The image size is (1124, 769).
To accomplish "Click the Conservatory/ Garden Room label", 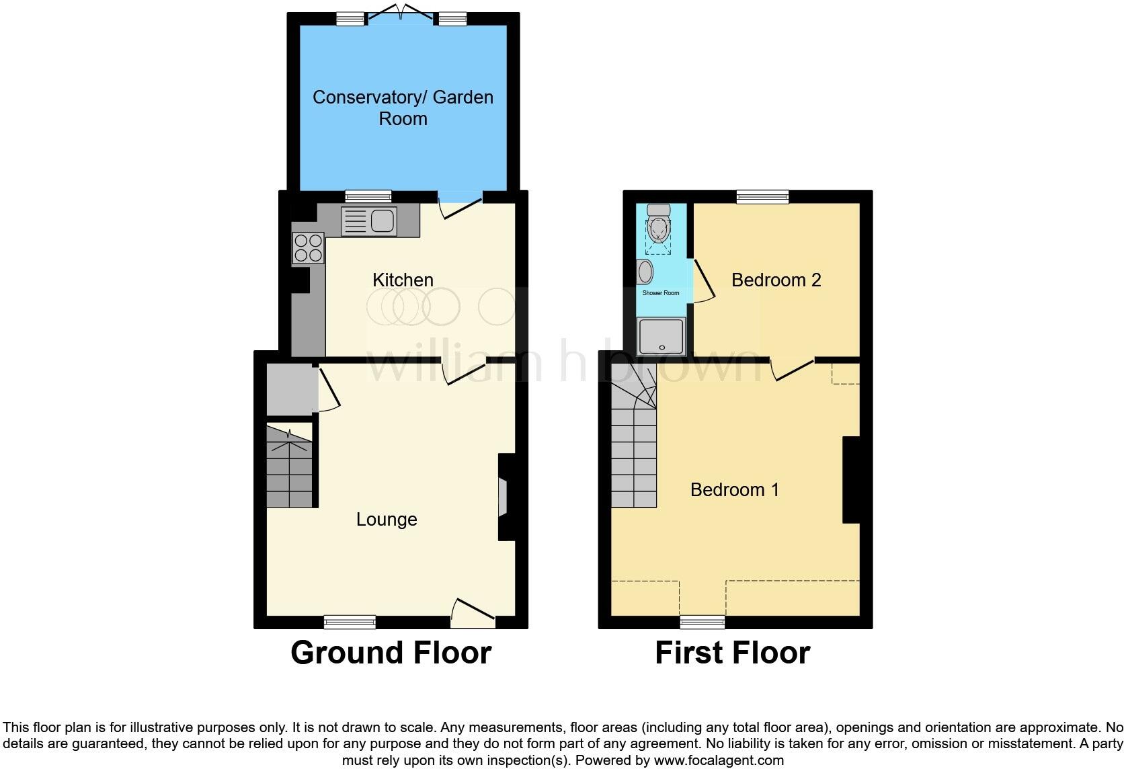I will pos(403,108).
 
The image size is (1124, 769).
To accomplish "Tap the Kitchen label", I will pos(403,280).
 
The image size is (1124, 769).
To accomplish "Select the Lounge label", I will pos(387,519).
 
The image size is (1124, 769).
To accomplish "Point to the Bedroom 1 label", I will pos(734,489).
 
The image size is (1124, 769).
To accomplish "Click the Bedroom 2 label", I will pos(776,280).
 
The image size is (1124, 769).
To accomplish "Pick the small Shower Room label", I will pos(660,293).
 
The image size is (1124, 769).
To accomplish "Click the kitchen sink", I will pos(381,220).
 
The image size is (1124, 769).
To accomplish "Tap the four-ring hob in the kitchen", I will pos(308,247).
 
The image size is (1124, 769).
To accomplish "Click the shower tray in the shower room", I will pos(661,336).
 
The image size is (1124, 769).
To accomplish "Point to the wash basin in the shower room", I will pos(645,272).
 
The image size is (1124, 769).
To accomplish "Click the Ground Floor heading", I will pos(391,653).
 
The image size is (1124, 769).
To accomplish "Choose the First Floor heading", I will pos(732,653).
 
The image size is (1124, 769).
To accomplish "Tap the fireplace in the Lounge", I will pos(502,497).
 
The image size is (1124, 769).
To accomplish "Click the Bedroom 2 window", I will pos(762,196).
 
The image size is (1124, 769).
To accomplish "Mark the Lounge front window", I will pos(350,622).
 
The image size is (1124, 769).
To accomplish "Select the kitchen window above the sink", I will pos(368,196).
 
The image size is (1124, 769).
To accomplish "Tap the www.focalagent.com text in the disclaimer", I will pos(718,760).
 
